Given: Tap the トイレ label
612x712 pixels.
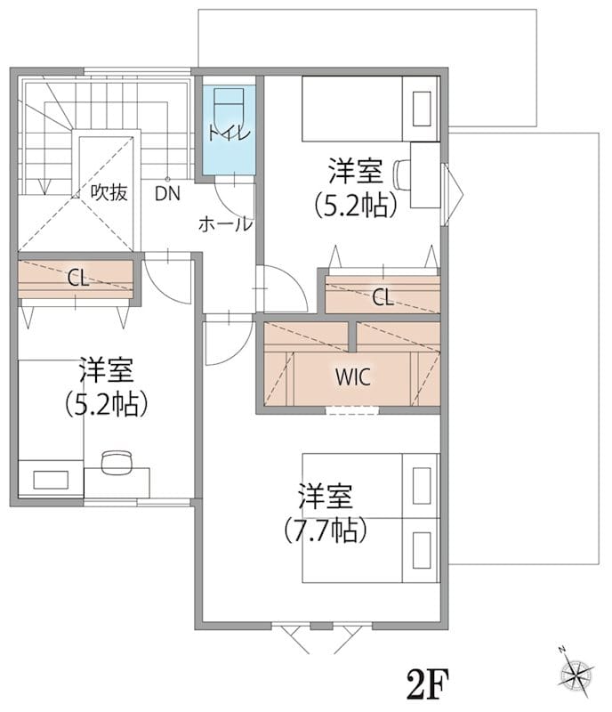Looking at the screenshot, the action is (229, 133).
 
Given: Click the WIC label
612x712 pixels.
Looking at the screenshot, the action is (353, 376).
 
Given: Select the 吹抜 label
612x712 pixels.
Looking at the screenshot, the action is (109, 192).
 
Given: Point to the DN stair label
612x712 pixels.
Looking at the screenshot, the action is (167, 194).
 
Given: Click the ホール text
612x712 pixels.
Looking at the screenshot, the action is (225, 224).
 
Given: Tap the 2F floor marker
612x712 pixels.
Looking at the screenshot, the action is (428, 684).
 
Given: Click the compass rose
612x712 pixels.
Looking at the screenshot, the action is (576, 673).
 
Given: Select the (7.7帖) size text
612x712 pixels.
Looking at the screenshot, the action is (326, 530).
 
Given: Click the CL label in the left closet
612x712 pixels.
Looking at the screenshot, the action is (78, 278).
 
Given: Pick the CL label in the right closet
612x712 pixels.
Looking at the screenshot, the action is (382, 297).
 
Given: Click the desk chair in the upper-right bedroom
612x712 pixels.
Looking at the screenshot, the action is (402, 174).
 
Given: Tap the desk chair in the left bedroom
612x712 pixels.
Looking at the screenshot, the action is (117, 462).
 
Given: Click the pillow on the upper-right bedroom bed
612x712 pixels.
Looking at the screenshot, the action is (422, 109).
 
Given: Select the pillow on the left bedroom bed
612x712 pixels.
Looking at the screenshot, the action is (51, 480).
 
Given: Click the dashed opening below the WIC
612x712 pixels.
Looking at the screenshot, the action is (352, 410).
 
